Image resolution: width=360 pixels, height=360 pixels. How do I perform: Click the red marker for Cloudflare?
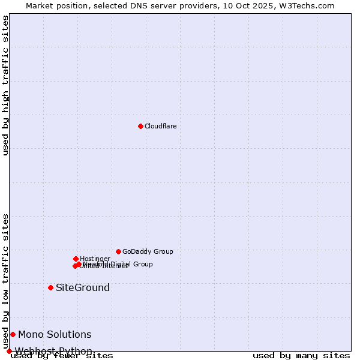140,126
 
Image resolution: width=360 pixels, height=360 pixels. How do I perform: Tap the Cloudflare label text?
160,126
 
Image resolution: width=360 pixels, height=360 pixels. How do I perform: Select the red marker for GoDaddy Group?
118,251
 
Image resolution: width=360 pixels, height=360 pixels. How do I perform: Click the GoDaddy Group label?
148,251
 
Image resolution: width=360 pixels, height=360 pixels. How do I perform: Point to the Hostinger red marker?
76,259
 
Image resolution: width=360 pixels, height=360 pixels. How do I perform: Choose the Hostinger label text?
95,259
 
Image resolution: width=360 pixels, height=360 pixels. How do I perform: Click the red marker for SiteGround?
50,287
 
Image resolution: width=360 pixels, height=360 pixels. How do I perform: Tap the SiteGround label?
83,287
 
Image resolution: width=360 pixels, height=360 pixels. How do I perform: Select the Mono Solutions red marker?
13,334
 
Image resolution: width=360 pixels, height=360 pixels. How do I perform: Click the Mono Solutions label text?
55,334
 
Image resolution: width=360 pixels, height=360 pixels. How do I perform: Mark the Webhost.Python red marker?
9,351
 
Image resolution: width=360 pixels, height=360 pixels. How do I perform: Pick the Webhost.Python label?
53,351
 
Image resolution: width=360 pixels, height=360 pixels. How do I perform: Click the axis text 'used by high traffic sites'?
6,85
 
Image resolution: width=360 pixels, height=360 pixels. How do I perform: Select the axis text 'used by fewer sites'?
62,356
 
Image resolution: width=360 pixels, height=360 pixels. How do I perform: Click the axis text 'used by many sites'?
301,356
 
